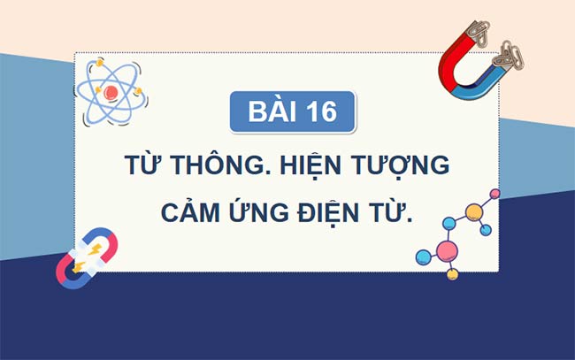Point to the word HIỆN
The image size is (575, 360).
coord(331,167)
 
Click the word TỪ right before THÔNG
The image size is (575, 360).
coord(145,167)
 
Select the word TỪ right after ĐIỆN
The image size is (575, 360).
coord(397,213)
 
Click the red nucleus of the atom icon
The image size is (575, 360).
coord(110,91)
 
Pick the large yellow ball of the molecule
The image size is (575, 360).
coord(474,212)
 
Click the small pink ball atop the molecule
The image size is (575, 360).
coord(494,193)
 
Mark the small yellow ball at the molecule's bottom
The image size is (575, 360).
coord(452,275)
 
